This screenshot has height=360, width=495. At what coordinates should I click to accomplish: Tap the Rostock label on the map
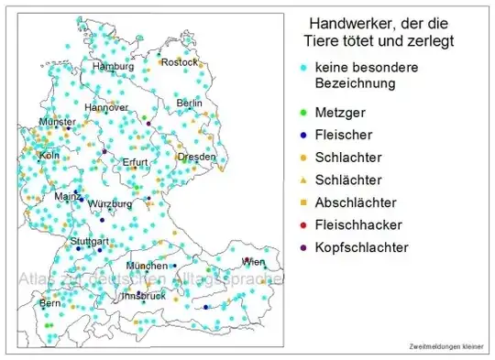tap(179, 62)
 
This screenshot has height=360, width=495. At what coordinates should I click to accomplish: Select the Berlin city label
tap(189, 104)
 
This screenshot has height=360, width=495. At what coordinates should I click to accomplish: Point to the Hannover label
tap(106, 107)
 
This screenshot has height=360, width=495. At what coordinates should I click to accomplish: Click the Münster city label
tap(57, 122)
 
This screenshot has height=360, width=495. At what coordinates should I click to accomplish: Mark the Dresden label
tap(197, 157)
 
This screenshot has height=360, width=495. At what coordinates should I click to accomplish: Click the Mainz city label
tap(68, 196)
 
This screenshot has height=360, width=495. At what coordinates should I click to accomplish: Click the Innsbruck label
tap(144, 296)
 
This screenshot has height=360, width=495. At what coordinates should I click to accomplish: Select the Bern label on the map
tap(49, 302)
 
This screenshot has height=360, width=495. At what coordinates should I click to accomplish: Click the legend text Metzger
tap(339, 113)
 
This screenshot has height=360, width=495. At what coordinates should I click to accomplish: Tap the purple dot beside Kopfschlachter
tap(303, 247)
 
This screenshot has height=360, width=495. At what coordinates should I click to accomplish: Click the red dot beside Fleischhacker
tap(303, 224)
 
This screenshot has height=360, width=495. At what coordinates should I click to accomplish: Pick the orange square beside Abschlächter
tap(303, 202)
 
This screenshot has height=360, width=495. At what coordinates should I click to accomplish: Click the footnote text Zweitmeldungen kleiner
tap(446, 346)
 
